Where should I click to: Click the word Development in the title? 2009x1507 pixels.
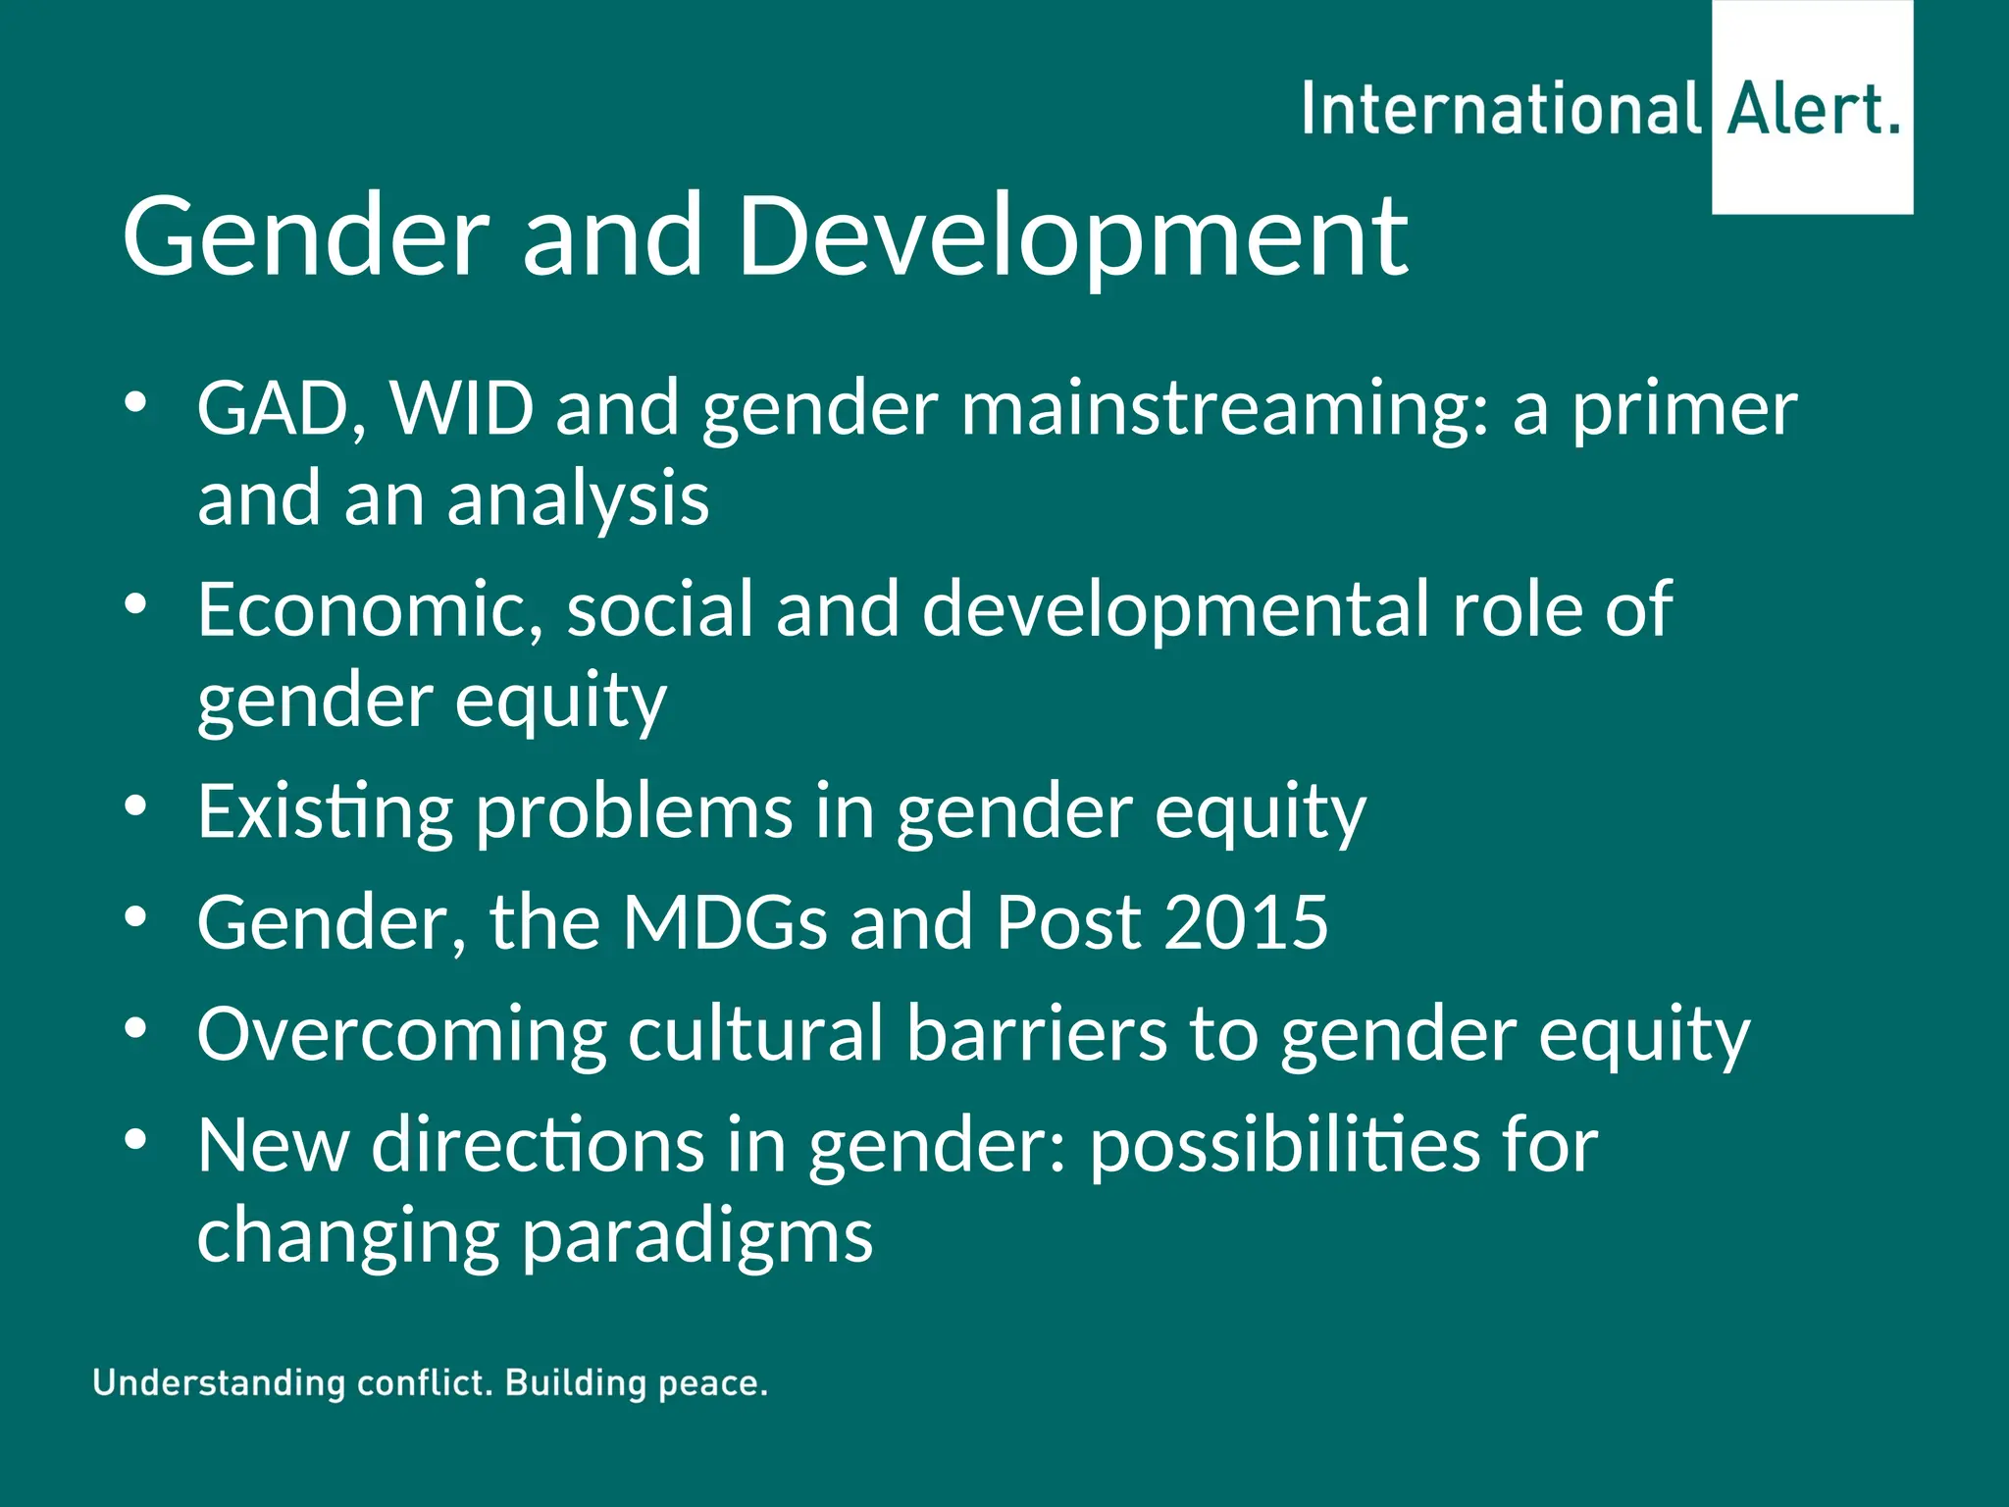pos(1071,235)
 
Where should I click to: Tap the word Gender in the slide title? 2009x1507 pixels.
pos(305,235)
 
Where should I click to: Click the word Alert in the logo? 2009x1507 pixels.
pos(1803,110)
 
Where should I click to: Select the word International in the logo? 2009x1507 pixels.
pos(1501,110)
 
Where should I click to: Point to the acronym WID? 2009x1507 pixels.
pos(462,408)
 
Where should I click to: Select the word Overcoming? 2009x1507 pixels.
pos(401,1036)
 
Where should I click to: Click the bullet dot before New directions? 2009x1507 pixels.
pos(135,1139)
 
